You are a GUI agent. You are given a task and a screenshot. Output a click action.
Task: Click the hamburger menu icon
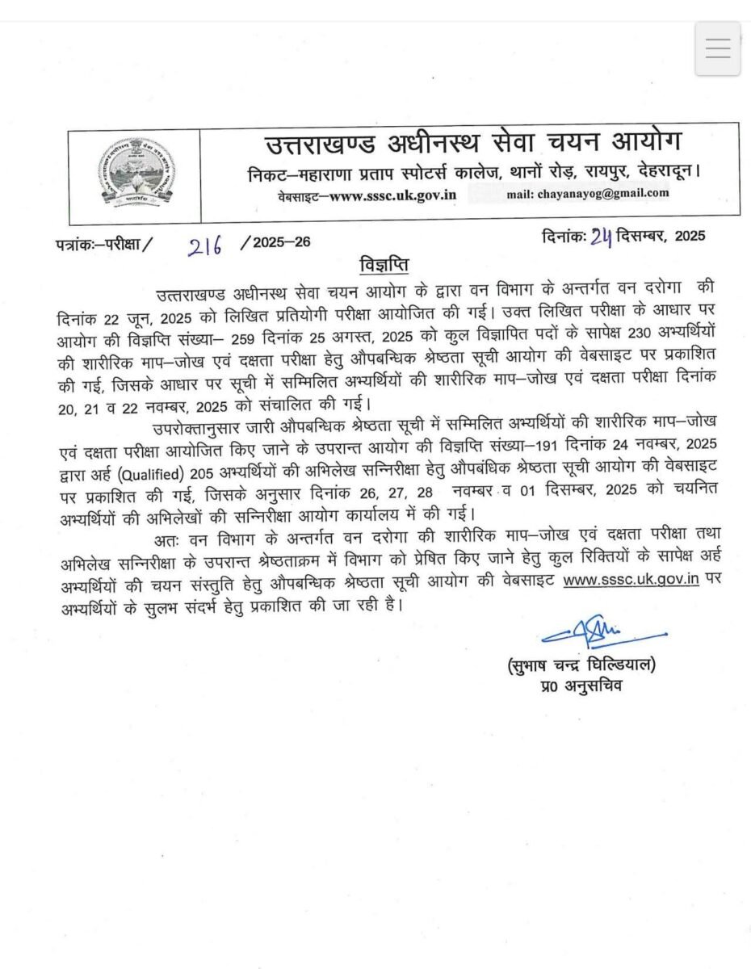click(717, 48)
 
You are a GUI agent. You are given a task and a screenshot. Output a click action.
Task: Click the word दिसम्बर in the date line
click(641, 237)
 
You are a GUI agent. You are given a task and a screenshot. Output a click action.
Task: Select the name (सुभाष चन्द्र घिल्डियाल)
click(581, 666)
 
